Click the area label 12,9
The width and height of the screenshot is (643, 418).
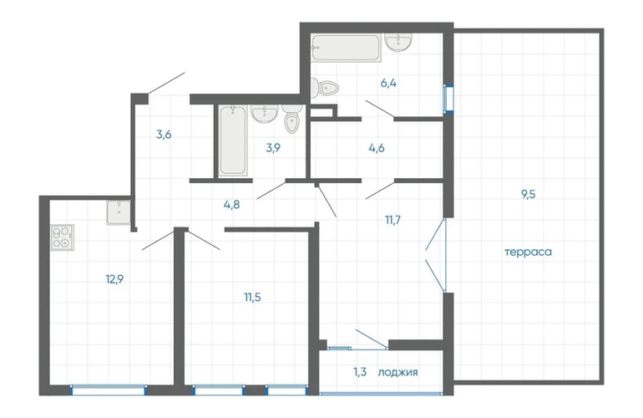tap(114, 279)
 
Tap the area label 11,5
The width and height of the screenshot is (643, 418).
tap(252, 297)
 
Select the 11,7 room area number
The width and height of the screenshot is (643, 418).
tap(392, 220)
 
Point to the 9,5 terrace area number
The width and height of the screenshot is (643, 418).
tap(529, 194)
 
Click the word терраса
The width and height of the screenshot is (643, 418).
tap(528, 252)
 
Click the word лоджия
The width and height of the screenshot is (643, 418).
tap(397, 372)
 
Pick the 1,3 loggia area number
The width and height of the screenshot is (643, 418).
tap(360, 372)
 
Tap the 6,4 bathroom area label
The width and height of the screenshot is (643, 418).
tap(388, 84)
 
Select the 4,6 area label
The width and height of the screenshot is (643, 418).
tap(377, 148)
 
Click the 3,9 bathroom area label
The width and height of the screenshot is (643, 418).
tap(273, 148)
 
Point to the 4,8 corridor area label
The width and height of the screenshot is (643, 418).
tap(231, 205)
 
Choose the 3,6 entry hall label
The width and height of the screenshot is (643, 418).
tap(164, 135)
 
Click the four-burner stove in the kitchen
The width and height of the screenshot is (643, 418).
tap(63, 237)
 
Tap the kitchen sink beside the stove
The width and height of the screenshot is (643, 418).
tap(119, 212)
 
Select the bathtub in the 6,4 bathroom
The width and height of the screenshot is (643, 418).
tap(346, 48)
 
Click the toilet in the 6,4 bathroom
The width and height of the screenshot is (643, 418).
tap(324, 88)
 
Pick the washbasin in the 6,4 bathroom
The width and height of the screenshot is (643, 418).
tap(398, 43)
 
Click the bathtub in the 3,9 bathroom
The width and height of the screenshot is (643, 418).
tap(232, 140)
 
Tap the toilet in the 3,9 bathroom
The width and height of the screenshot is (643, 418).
tap(291, 119)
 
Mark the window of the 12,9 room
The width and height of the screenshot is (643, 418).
tap(109, 390)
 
